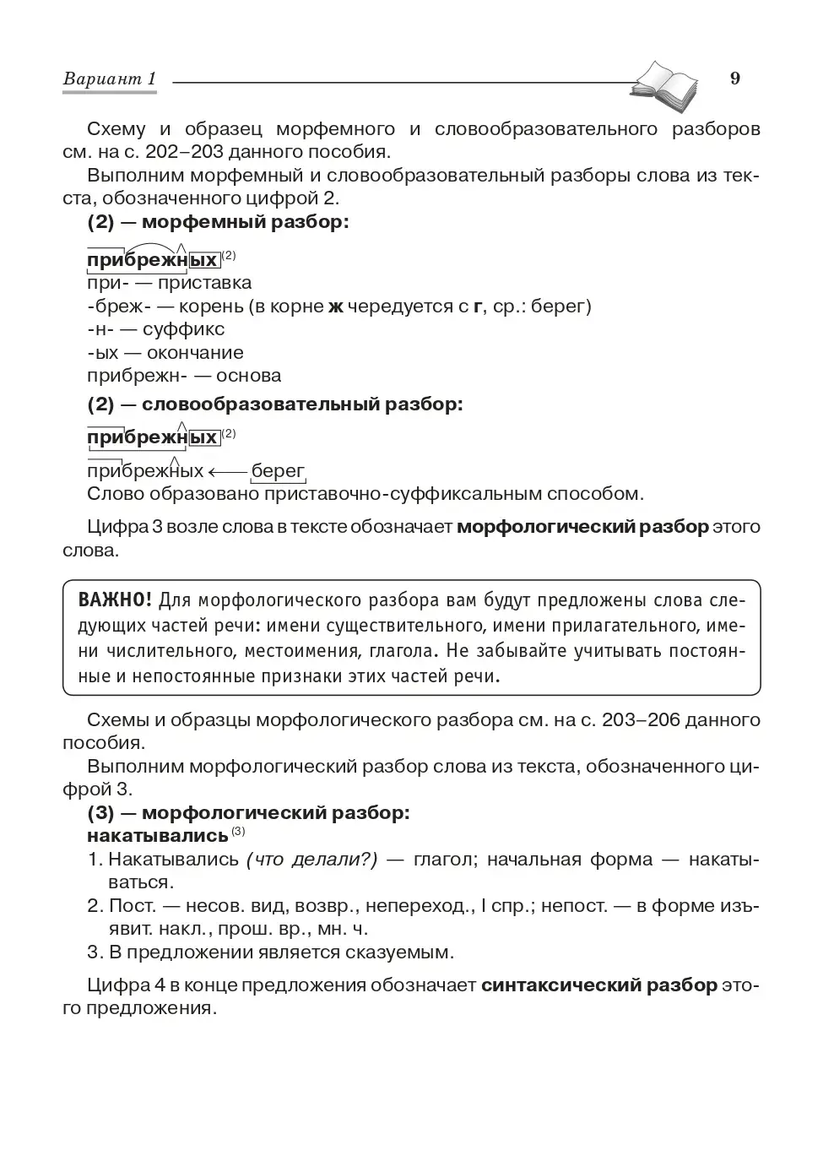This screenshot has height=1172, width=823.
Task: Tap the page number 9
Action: tap(734, 79)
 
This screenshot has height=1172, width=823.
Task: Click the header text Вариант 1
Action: tap(110, 79)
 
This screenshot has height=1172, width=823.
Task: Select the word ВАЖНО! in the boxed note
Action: tap(115, 600)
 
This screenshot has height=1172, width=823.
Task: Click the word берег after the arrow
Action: tap(278, 471)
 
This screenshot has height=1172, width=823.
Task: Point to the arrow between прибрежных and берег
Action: tap(227, 471)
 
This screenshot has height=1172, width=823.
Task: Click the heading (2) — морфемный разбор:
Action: tap(218, 222)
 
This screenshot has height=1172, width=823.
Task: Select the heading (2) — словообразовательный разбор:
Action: tap(275, 404)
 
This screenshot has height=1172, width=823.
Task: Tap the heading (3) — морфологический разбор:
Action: tap(248, 812)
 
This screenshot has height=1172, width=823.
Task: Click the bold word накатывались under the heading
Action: tap(157, 836)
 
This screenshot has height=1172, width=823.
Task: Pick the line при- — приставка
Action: tap(169, 283)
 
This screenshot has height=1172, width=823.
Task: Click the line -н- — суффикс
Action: tap(155, 329)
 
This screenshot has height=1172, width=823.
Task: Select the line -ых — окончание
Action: tap(165, 353)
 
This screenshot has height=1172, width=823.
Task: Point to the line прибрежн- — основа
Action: tap(184, 376)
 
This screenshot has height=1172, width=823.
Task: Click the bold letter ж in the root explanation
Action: tap(335, 307)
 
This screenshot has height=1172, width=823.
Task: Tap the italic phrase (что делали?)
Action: tap(311, 860)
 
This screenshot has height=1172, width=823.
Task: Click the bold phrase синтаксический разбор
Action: tap(599, 985)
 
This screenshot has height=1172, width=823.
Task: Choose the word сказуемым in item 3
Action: tap(399, 952)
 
